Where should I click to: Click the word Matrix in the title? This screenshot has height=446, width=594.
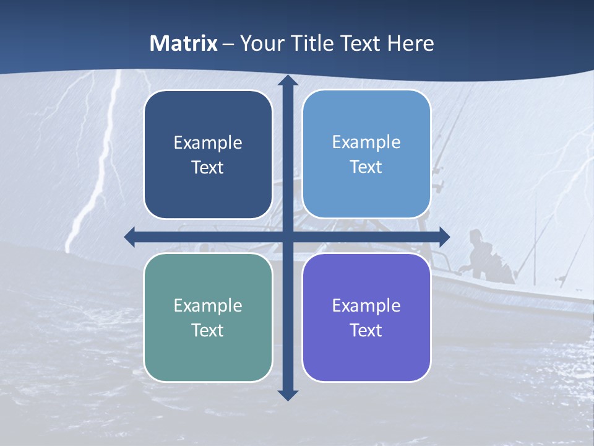coord(184,43)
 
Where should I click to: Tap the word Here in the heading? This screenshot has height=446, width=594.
coord(410,43)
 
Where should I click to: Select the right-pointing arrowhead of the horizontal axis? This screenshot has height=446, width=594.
coord(444,237)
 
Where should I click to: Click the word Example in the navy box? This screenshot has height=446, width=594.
coord(208,143)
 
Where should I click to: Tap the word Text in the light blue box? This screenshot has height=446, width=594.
coord(366,167)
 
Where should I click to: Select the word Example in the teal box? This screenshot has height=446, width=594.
coord(208,306)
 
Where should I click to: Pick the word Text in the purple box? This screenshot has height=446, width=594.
coord(366,331)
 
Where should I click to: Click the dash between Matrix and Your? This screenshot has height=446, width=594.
coord(228,44)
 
